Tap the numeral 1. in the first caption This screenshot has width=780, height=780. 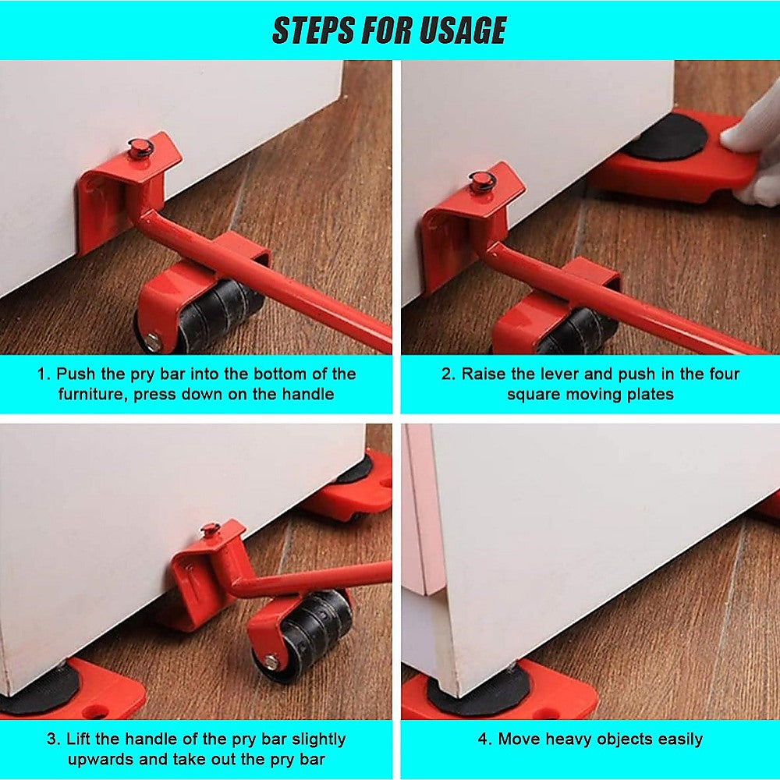(x=44, y=374)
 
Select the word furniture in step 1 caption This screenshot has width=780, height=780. (x=91, y=394)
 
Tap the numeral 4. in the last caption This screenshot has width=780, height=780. (x=484, y=739)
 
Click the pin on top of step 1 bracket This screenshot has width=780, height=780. (x=140, y=146)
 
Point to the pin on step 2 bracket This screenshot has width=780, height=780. (x=481, y=181)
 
